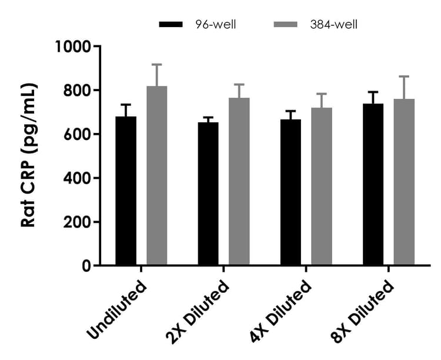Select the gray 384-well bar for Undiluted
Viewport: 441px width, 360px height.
pyautogui.click(x=157, y=176)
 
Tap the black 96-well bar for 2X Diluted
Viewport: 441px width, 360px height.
pyautogui.click(x=208, y=194)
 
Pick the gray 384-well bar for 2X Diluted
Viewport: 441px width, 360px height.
pyautogui.click(x=239, y=182)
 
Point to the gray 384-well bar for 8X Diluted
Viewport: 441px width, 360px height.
pyautogui.click(x=404, y=182)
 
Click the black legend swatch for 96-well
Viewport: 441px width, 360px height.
pyautogui.click(x=172, y=24)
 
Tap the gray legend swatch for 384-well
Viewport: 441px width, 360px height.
pyautogui.click(x=287, y=24)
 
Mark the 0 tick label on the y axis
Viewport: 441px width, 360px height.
pyautogui.click(x=87, y=266)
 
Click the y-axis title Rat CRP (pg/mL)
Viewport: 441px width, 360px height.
pyautogui.click(x=29, y=156)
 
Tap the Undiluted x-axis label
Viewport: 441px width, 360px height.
pyautogui.click(x=116, y=310)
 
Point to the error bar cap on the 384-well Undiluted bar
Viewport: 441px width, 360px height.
pyautogui.click(x=157, y=64)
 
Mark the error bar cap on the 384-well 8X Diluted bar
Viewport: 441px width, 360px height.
pyautogui.click(x=404, y=76)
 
